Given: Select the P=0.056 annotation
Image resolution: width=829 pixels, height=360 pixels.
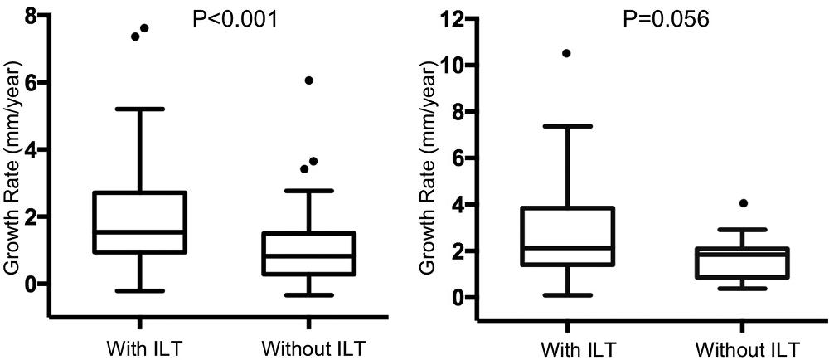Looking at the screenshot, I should click(667, 18).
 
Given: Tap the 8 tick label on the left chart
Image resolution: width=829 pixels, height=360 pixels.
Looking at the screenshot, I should click(32, 15).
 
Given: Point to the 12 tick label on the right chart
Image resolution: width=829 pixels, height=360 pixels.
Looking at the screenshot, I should click(451, 18).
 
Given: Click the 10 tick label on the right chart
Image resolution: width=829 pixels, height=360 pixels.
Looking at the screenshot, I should click(451, 65).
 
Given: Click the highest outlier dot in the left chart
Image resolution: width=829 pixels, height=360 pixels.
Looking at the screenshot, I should click(144, 27).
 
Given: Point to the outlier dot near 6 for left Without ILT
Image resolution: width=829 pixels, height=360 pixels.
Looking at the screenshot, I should click(308, 80).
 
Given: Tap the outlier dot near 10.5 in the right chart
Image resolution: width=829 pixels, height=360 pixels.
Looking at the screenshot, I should click(566, 53).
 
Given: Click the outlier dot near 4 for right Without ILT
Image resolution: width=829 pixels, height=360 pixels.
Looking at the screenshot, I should click(744, 203).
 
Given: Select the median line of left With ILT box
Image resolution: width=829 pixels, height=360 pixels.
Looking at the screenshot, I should click(151, 232).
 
